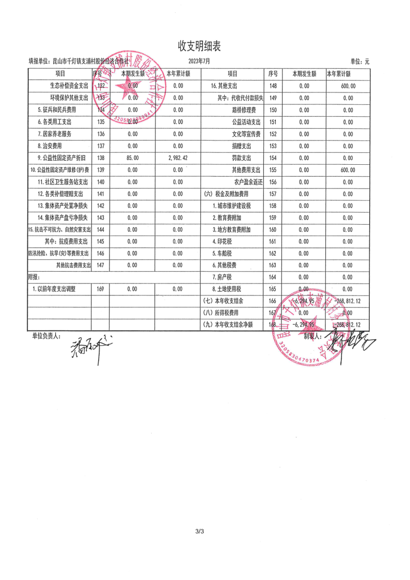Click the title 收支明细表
click(199, 46)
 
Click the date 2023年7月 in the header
click(199, 61)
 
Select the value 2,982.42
click(178, 158)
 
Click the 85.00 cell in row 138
click(132, 158)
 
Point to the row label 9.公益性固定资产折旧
click(59, 158)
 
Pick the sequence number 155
click(273, 170)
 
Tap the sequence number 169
click(100, 289)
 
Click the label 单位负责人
click(46, 335)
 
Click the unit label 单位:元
click(360, 61)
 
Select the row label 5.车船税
click(222, 254)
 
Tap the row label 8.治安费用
click(50, 146)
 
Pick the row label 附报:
click(35, 277)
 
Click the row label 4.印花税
click(222, 242)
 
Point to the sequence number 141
click(100, 194)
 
